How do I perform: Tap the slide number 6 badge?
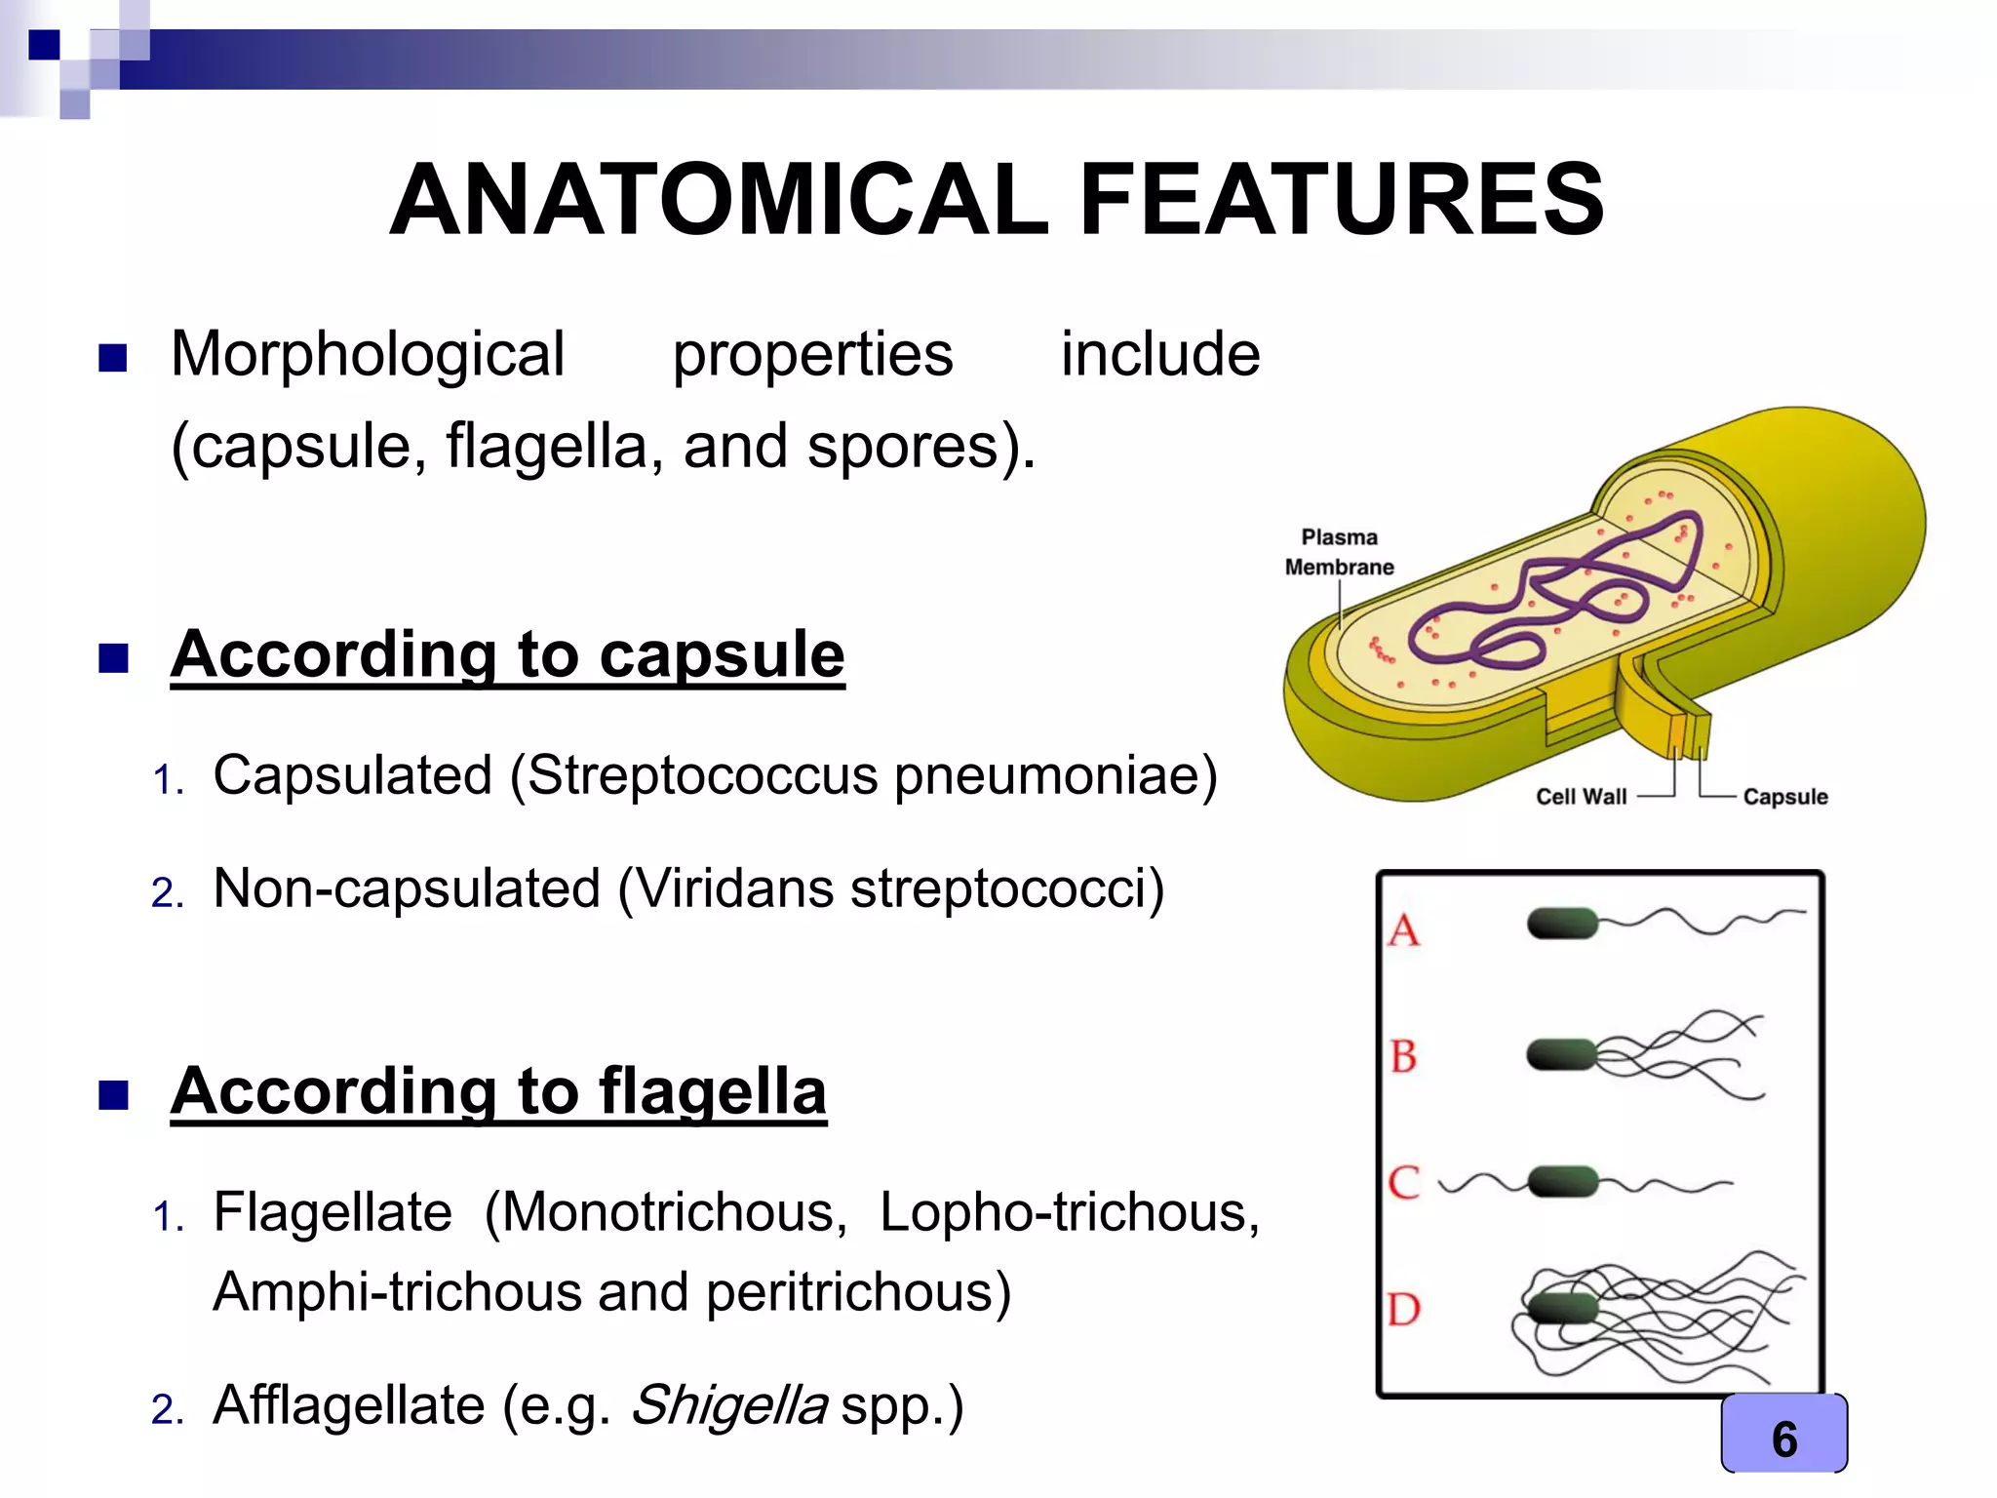click(x=1783, y=1439)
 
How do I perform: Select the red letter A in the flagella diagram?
click(x=1404, y=930)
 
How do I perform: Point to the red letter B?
click(x=1404, y=1056)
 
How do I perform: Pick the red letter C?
click(x=1404, y=1183)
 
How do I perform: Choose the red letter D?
click(x=1404, y=1309)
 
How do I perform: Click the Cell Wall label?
click(x=1581, y=797)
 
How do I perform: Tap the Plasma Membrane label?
click(x=1339, y=552)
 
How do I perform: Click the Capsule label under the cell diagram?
click(x=1784, y=797)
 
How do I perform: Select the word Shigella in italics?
click(x=729, y=1405)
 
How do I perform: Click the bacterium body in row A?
click(x=1562, y=923)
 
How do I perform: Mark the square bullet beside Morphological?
click(x=113, y=358)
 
